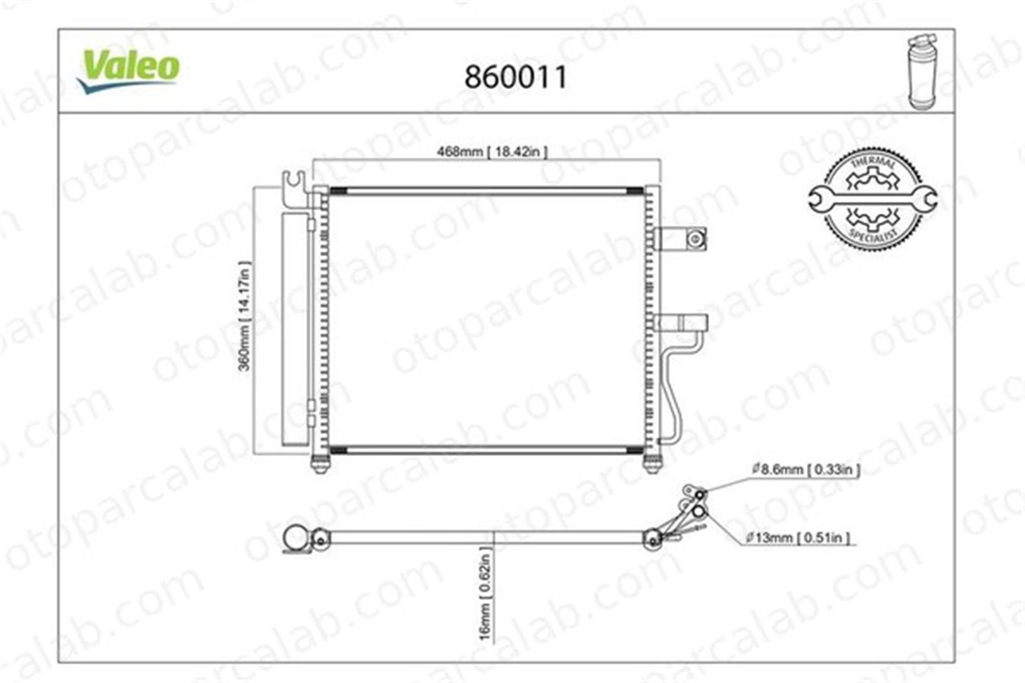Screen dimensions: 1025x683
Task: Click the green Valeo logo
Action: point(128,71)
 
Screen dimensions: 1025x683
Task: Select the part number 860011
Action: point(516,77)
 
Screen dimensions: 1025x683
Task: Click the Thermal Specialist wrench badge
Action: point(873,199)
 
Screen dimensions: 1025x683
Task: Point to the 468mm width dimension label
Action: point(492,152)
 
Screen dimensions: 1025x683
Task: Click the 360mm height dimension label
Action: point(244,316)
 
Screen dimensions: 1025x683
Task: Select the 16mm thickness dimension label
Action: point(485,594)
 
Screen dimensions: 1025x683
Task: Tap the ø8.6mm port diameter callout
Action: point(806,469)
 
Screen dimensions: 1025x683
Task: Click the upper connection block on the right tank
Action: point(680,239)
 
